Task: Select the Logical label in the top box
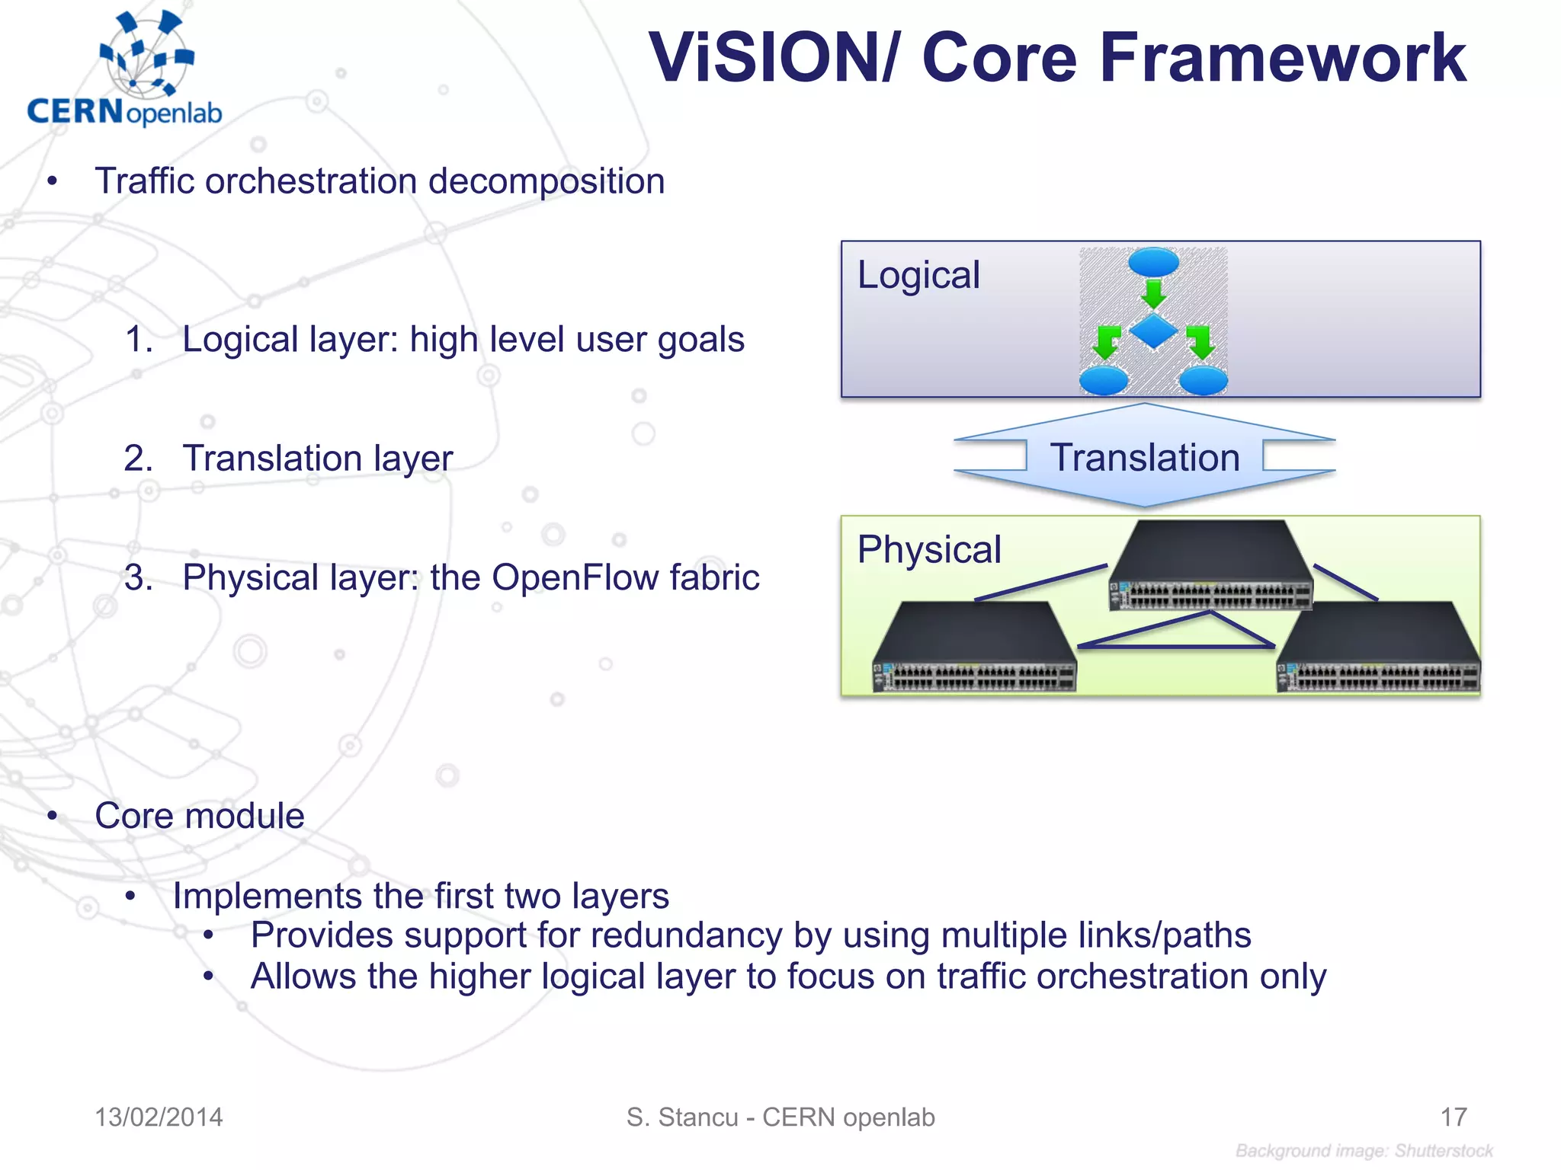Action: pyautogui.click(x=918, y=275)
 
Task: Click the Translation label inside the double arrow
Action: pyautogui.click(x=1145, y=458)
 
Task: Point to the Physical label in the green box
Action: pyautogui.click(x=928, y=550)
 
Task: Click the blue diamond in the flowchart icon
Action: pyautogui.click(x=1153, y=331)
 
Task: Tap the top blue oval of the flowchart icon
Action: pyautogui.click(x=1153, y=262)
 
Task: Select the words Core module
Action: pyautogui.click(x=200, y=816)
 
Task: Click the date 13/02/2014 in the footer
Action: pyautogui.click(x=159, y=1117)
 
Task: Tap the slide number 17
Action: pyautogui.click(x=1453, y=1117)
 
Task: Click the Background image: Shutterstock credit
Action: pyautogui.click(x=1364, y=1151)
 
